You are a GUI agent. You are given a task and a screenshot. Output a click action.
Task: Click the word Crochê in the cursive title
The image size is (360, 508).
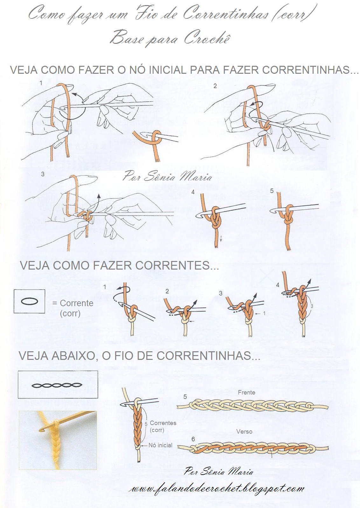click(x=206, y=39)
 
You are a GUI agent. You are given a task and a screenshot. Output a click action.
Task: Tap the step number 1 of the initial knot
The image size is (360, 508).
click(x=41, y=83)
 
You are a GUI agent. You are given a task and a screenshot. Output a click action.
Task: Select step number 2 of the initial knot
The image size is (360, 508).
click(x=215, y=86)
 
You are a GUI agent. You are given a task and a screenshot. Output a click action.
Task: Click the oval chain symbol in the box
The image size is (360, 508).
click(x=29, y=301)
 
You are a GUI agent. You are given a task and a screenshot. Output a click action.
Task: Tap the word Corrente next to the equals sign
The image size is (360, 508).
click(x=77, y=303)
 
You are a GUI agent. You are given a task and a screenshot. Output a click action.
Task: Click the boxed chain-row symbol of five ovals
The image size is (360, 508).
click(x=57, y=385)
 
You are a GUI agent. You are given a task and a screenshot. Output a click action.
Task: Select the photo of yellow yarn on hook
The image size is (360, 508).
click(x=58, y=440)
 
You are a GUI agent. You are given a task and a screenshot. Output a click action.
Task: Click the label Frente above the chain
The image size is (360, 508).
click(x=246, y=393)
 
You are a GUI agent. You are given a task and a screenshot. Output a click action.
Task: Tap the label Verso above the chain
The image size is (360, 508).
click(x=244, y=432)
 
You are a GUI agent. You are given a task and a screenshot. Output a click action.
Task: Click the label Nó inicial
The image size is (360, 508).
click(x=160, y=445)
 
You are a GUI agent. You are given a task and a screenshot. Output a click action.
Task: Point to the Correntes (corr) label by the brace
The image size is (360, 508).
click(x=163, y=426)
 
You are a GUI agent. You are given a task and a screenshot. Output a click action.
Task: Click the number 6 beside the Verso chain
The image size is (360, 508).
click(x=193, y=440)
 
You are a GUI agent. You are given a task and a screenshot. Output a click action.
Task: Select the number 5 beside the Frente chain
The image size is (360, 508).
click(x=185, y=397)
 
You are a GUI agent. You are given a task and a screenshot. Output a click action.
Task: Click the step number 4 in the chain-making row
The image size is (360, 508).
click(x=278, y=285)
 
